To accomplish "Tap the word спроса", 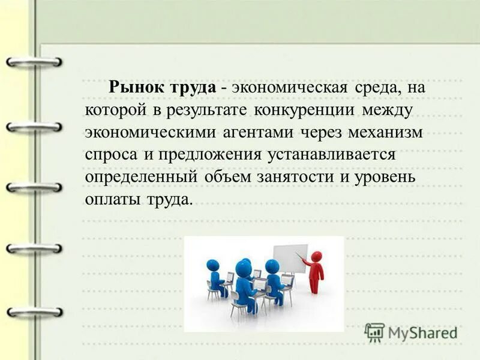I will tap(111, 154).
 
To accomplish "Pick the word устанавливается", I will tap(334, 154).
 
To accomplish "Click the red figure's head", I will tap(316, 256).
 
